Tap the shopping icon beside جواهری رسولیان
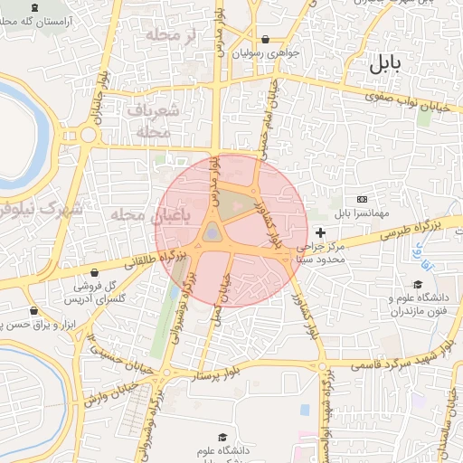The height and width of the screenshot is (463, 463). pos(265,40)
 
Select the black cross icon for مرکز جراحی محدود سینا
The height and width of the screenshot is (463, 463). pos(320,233)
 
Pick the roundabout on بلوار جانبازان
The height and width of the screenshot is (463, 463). pos(88,136)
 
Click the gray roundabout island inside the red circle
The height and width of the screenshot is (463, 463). pos(212,233)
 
